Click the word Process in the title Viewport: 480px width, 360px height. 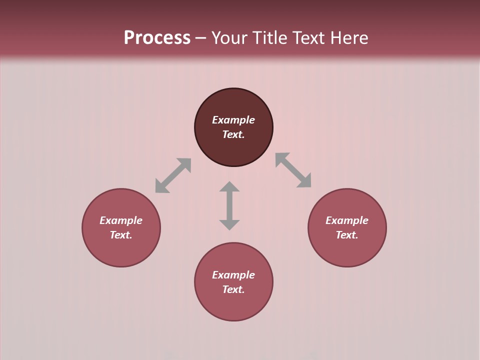tap(157, 38)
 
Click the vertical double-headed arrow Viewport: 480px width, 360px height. tap(229, 205)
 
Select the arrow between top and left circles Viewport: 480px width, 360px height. tap(173, 175)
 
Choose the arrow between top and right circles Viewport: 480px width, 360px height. tap(293, 170)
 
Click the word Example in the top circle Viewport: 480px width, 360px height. tap(233, 120)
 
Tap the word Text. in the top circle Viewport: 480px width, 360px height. tap(233, 134)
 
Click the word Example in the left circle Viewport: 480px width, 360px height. tap(121, 220)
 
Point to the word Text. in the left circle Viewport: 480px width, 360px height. tap(121, 235)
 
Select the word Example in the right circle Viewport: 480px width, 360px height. tap(347, 220)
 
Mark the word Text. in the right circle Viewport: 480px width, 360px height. tap(347, 235)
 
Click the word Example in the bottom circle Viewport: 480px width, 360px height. tap(233, 275)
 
